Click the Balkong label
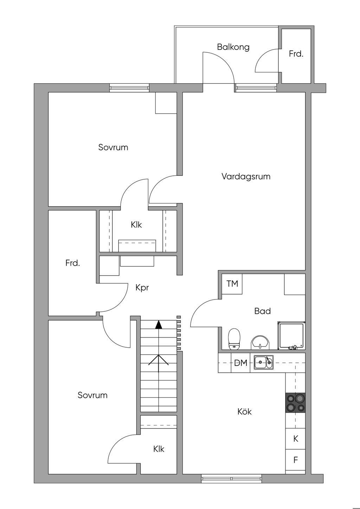[233, 47]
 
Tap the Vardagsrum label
[246, 176]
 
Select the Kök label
[245, 412]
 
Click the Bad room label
[263, 311]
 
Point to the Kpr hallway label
[142, 288]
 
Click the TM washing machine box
[232, 284]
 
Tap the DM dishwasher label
[241, 363]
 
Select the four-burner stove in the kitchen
[295, 402]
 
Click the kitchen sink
[264, 362]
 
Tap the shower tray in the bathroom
[291, 335]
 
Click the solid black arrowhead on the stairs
[159, 325]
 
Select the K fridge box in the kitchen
[295, 439]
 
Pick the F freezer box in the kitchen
[295, 460]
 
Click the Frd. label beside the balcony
[296, 54]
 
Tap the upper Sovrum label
[113, 148]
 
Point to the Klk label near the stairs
[159, 449]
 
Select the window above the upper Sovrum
[129, 88]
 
